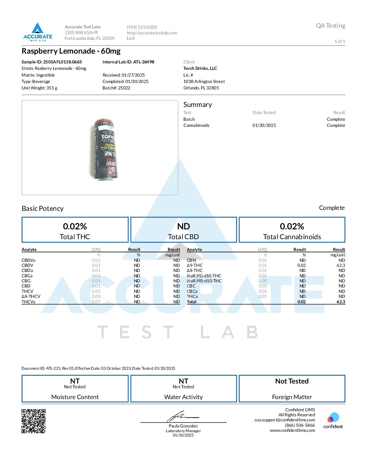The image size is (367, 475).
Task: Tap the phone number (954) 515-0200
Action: [142, 27]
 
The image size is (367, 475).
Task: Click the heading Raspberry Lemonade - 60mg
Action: [71, 51]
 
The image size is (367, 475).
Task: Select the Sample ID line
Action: [52, 62]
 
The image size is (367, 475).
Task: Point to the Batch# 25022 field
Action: [116, 88]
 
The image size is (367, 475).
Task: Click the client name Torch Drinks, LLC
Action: [200, 68]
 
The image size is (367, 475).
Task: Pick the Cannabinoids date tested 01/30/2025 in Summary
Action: [264, 125]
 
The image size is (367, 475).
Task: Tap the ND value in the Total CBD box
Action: [183, 226]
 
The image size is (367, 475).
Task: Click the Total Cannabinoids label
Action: [292, 237]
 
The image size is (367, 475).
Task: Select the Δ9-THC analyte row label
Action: [195, 266]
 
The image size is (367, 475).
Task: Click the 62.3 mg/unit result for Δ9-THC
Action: [341, 266]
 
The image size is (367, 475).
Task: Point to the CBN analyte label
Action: [191, 260]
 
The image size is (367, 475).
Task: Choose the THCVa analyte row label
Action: [28, 302]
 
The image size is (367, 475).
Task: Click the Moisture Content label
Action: [75, 397]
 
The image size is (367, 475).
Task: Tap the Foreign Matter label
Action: [292, 397]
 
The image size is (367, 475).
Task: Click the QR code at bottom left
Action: [34, 421]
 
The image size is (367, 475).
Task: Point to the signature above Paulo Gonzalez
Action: [182, 416]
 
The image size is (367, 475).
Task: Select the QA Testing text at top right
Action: [330, 26]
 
